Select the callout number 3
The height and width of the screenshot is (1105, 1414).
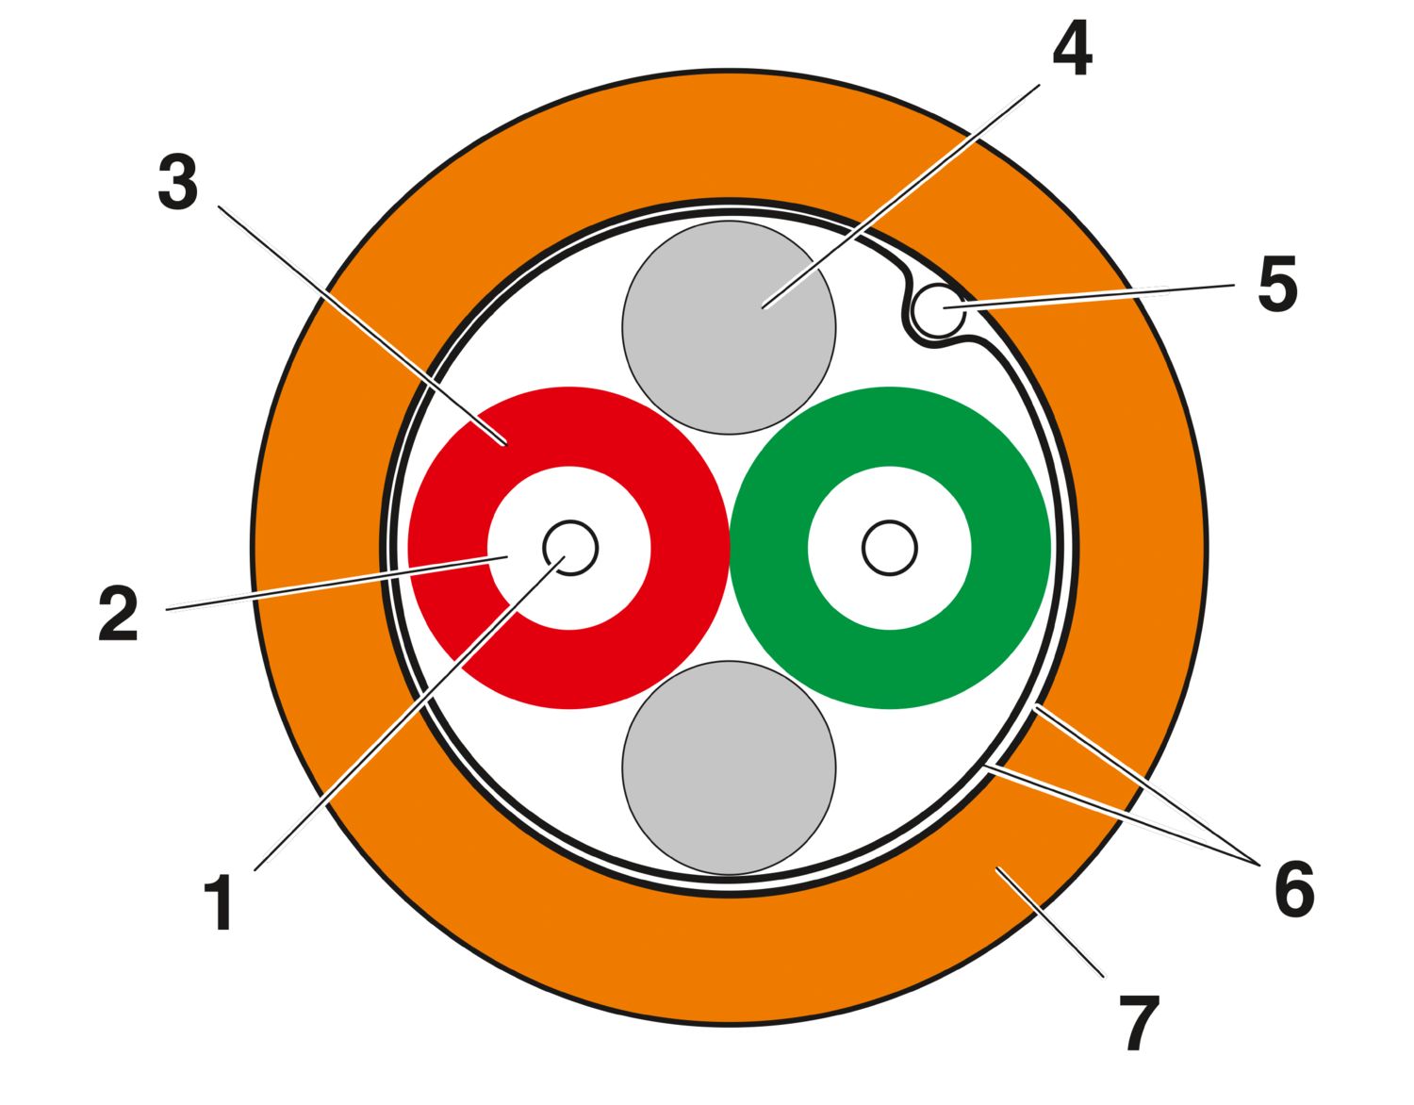click(x=177, y=183)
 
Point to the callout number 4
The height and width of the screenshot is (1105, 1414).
click(x=1072, y=47)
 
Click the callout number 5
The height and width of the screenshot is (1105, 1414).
click(x=1277, y=284)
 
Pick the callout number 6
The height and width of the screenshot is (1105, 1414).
click(x=1294, y=889)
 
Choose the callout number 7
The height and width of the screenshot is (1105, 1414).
click(x=1140, y=1023)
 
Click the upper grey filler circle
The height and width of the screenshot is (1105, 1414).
click(x=729, y=327)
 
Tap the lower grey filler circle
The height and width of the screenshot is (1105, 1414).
click(x=729, y=767)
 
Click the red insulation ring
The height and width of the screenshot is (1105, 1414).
click(x=449, y=548)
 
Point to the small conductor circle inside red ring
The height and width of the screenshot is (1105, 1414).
click(x=570, y=548)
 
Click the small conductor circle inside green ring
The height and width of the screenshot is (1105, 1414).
click(x=890, y=548)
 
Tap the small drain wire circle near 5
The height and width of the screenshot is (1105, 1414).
click(x=938, y=312)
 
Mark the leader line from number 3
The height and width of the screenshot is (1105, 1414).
click(x=362, y=326)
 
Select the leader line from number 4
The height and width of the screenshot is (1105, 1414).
click(x=901, y=196)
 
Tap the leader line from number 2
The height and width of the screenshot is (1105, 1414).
click(x=337, y=584)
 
